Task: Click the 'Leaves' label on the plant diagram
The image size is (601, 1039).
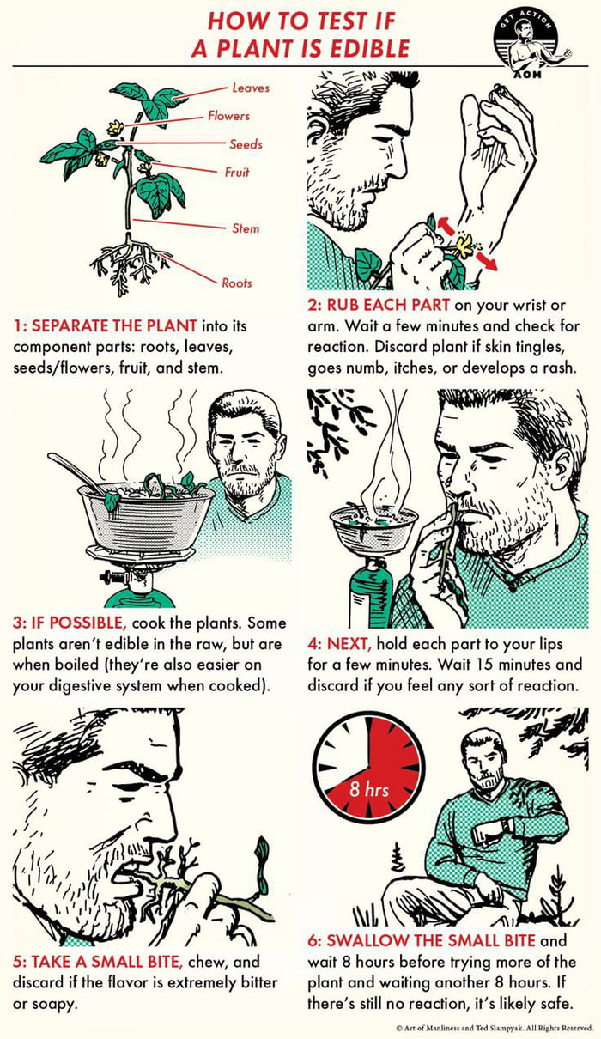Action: [x=250, y=88]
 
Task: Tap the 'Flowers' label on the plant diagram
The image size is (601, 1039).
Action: [x=228, y=116]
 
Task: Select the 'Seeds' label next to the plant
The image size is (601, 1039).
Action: [x=246, y=144]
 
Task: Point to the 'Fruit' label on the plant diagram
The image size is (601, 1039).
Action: [x=237, y=173]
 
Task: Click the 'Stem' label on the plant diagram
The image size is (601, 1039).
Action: [x=245, y=228]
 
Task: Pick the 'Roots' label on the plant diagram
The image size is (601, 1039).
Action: [x=237, y=283]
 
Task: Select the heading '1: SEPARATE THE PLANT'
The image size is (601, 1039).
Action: [x=105, y=326]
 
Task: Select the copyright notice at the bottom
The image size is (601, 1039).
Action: [x=495, y=1028]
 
